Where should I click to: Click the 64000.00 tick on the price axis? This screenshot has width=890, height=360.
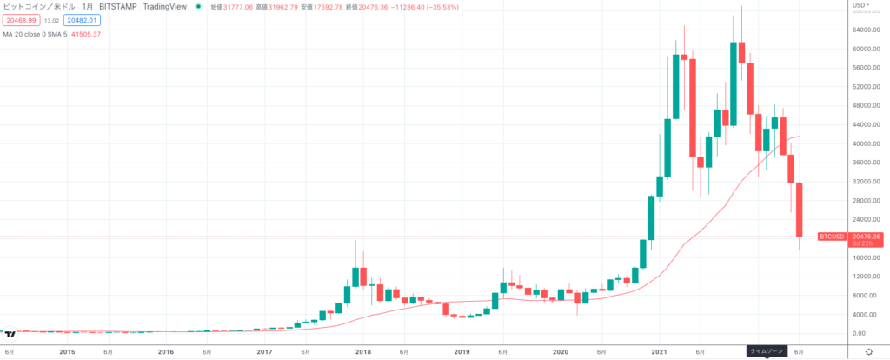point(870,30)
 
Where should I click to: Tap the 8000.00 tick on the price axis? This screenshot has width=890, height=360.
point(869,296)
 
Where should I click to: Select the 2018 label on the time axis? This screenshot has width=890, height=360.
point(363,352)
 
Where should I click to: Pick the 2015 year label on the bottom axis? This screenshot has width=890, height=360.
point(67,352)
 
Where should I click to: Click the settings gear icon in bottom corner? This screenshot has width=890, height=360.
point(868,351)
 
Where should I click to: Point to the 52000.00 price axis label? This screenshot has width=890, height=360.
point(870,87)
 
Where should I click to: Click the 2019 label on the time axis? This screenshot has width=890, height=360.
point(462,352)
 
